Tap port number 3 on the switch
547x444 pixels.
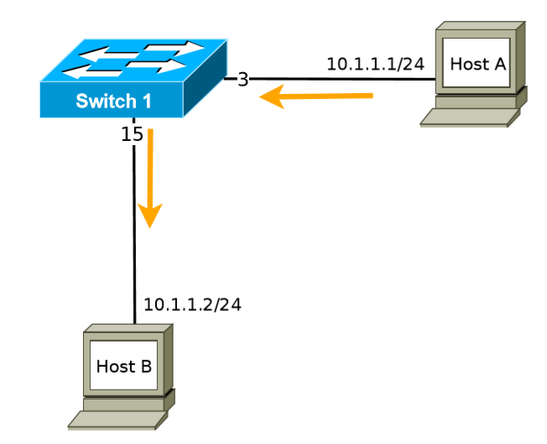[242, 80]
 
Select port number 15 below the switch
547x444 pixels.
[132, 133]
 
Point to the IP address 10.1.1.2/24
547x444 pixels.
[192, 304]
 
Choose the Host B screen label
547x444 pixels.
[123, 366]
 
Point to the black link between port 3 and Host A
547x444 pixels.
[336, 80]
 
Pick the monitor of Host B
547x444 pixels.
[123, 367]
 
